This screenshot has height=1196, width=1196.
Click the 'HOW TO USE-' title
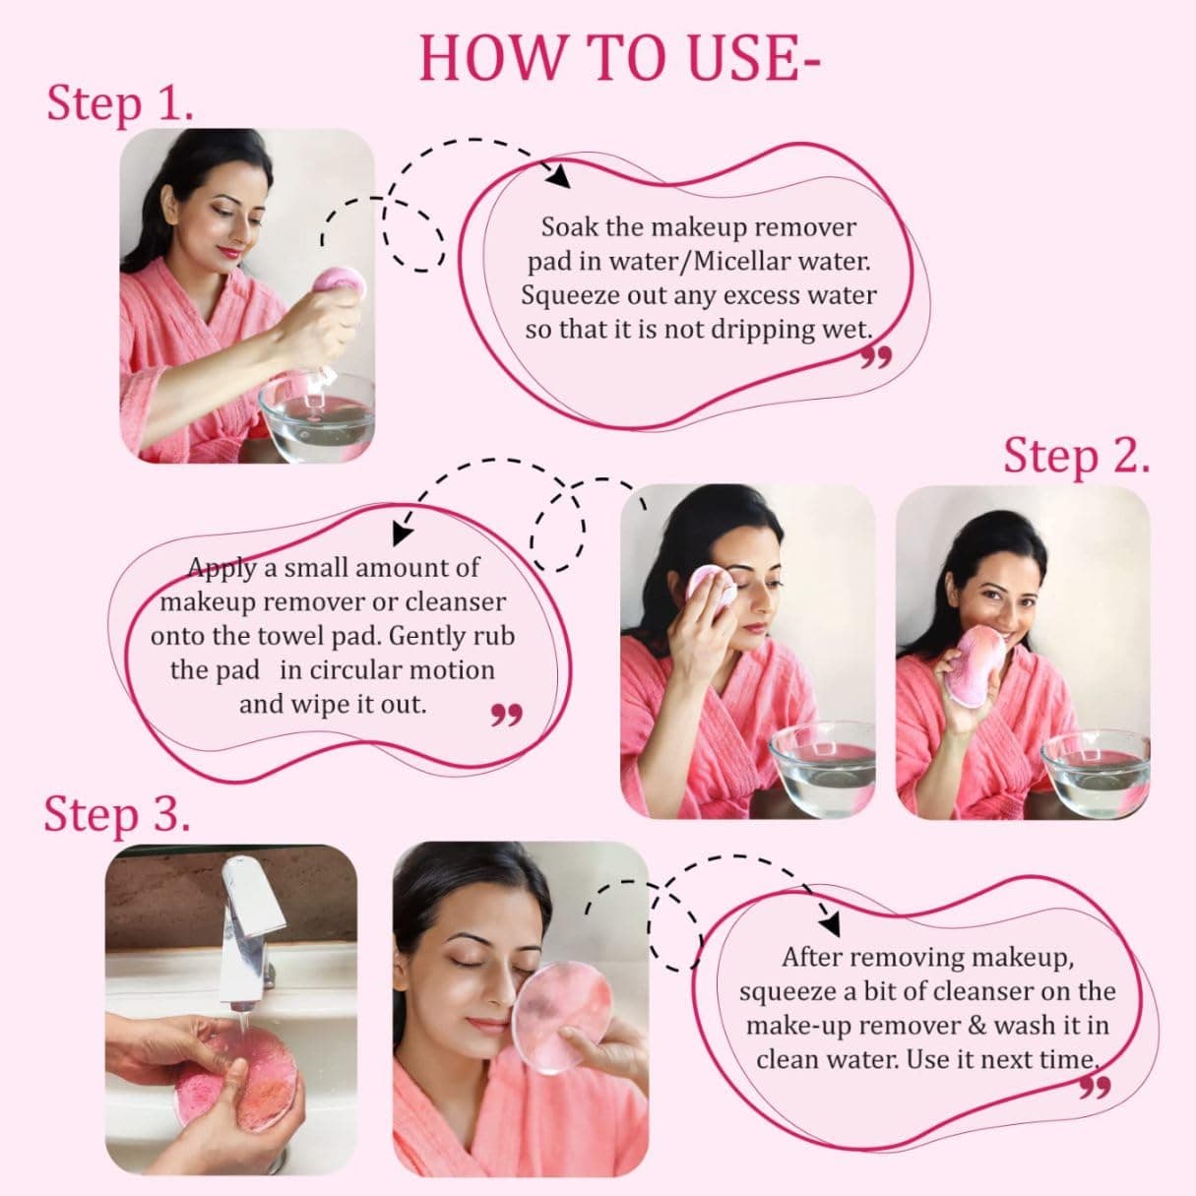pyautogui.click(x=620, y=58)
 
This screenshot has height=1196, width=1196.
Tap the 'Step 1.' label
pyautogui.click(x=119, y=103)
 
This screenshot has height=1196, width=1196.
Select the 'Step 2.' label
pyautogui.click(x=1076, y=456)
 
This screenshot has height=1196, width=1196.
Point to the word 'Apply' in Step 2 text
pyautogui.click(x=221, y=567)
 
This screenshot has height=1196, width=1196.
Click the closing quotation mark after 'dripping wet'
pyautogui.click(x=876, y=356)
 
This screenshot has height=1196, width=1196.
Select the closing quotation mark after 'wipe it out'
pyautogui.click(x=506, y=714)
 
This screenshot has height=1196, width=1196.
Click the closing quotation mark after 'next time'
pyautogui.click(x=1095, y=1086)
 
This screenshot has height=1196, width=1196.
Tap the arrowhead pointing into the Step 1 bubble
pyautogui.click(x=559, y=177)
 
